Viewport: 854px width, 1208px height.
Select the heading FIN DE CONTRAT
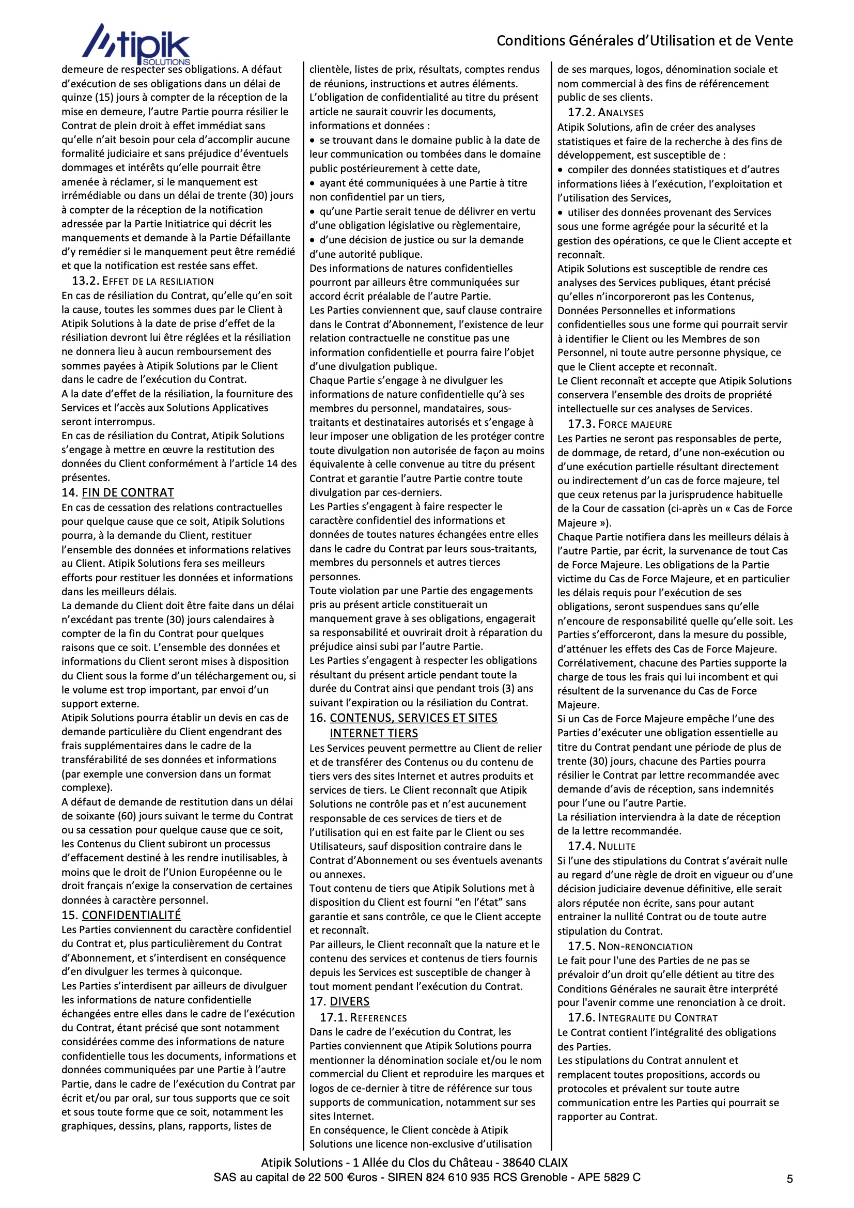(x=128, y=493)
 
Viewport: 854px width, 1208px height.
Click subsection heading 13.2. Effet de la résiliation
(x=143, y=281)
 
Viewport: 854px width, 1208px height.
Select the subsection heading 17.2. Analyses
(x=605, y=113)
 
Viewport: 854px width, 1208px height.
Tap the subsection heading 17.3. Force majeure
(x=619, y=424)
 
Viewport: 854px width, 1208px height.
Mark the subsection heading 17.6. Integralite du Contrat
(x=643, y=1017)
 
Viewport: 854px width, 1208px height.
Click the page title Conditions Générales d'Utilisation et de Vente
(x=645, y=40)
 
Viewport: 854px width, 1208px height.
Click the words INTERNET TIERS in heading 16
(x=374, y=734)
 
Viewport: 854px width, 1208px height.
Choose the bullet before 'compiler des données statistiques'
(x=561, y=170)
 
